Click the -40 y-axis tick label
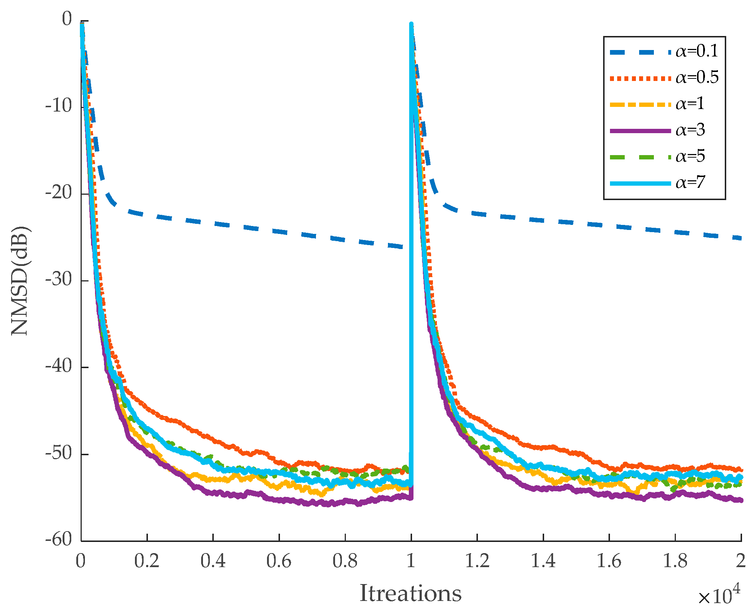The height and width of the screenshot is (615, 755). [x=59, y=366]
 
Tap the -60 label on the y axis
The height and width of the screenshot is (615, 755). [x=59, y=539]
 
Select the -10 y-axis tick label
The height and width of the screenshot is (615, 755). [x=59, y=106]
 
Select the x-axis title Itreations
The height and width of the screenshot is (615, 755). [x=410, y=593]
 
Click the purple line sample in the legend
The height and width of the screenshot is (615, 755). [x=640, y=131]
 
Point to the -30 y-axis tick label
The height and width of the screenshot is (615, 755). [x=59, y=280]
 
